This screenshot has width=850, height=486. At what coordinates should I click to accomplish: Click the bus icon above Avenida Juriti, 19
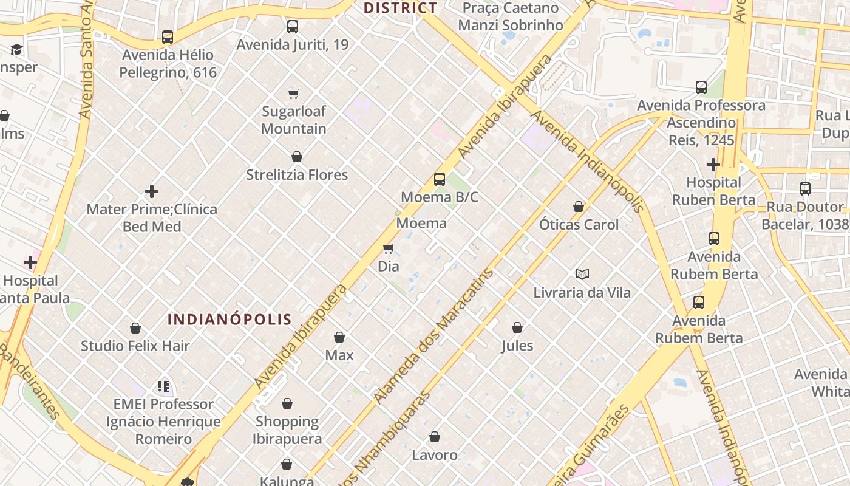tap(293, 27)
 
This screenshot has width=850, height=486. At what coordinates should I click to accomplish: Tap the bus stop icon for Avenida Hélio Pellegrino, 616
tap(168, 37)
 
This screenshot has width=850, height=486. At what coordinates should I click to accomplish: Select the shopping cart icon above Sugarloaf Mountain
tap(294, 94)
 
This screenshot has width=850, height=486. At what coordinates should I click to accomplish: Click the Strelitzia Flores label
tap(297, 175)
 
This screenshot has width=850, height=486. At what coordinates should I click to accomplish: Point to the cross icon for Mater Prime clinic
tap(152, 191)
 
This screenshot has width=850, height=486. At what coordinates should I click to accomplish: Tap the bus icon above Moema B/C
tap(440, 179)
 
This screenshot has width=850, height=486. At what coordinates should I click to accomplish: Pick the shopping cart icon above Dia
tap(389, 248)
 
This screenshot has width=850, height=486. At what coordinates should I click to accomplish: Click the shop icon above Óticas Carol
tap(579, 207)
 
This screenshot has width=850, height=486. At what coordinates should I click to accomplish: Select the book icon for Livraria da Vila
tap(582, 275)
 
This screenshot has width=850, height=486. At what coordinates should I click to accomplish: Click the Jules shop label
tap(517, 346)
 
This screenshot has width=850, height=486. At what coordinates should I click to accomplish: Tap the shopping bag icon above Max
tap(339, 337)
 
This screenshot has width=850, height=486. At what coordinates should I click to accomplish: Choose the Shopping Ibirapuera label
tap(287, 430)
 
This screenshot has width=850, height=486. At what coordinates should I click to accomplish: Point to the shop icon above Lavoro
tap(435, 437)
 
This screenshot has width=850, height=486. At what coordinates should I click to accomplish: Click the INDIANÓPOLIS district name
tap(229, 320)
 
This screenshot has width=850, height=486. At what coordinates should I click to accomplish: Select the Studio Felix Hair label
tap(135, 346)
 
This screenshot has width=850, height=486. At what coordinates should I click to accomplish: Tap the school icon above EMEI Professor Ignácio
tap(163, 386)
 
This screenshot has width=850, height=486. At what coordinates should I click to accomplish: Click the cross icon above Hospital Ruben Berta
tap(713, 165)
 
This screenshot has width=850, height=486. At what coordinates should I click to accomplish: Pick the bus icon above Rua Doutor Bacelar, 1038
tap(805, 189)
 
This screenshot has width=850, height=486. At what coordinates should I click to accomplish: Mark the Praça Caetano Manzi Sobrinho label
tap(510, 16)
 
